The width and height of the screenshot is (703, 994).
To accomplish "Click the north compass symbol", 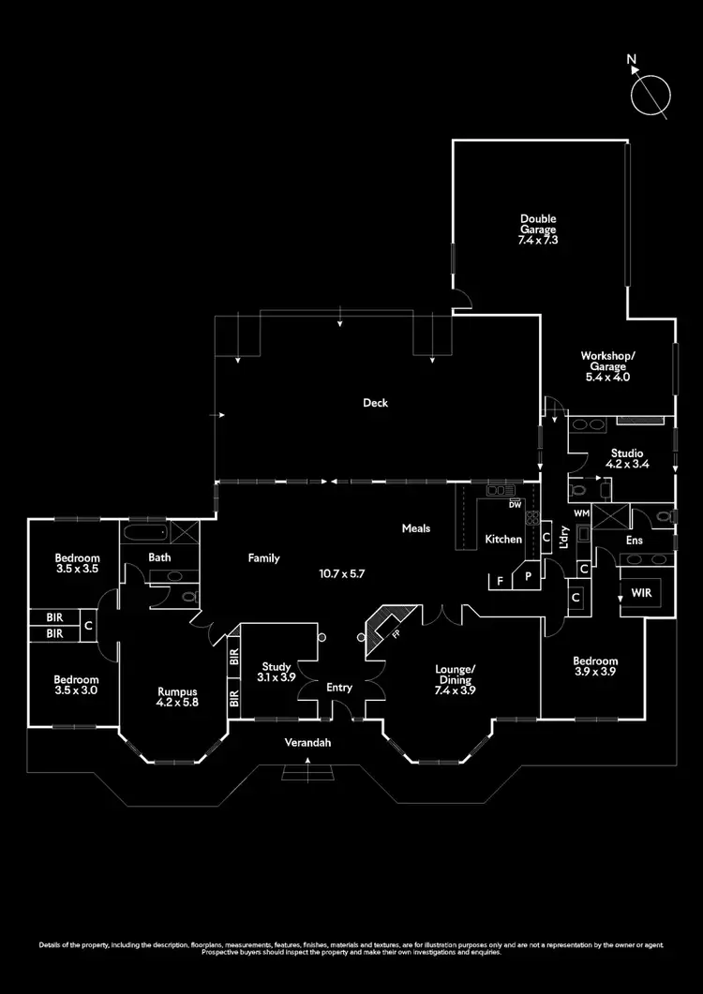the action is coord(651,93).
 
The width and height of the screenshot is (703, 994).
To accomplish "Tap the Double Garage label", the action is coord(538,230).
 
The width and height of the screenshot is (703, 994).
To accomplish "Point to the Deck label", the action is coord(376,403).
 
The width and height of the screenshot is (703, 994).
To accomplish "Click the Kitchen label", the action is coord(502,539).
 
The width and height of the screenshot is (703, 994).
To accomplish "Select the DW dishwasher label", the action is coord(515,505).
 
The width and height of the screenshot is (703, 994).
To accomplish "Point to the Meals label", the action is coord(416,528).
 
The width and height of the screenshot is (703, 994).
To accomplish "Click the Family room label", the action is coord(263,558).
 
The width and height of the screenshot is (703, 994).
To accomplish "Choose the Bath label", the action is coord(158,557).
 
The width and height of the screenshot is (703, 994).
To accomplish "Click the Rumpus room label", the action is coord(177,695).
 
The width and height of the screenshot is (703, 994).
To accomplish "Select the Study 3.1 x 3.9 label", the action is coord(276,671).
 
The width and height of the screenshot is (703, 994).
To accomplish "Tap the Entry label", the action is coord(339,688).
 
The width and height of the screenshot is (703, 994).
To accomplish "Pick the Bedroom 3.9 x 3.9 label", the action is coord(595,666).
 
